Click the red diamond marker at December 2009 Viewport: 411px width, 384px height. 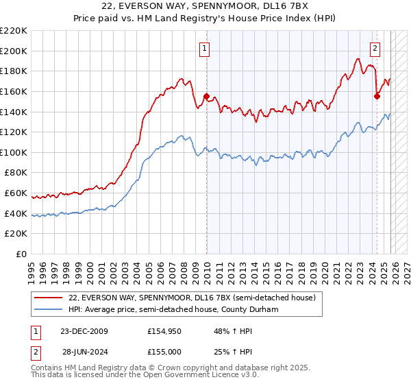point(207,97)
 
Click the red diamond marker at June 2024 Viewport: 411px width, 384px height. point(377,96)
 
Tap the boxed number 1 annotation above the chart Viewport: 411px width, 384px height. point(205,48)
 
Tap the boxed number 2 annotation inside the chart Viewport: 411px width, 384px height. point(375,48)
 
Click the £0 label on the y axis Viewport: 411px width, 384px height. point(21,254)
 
